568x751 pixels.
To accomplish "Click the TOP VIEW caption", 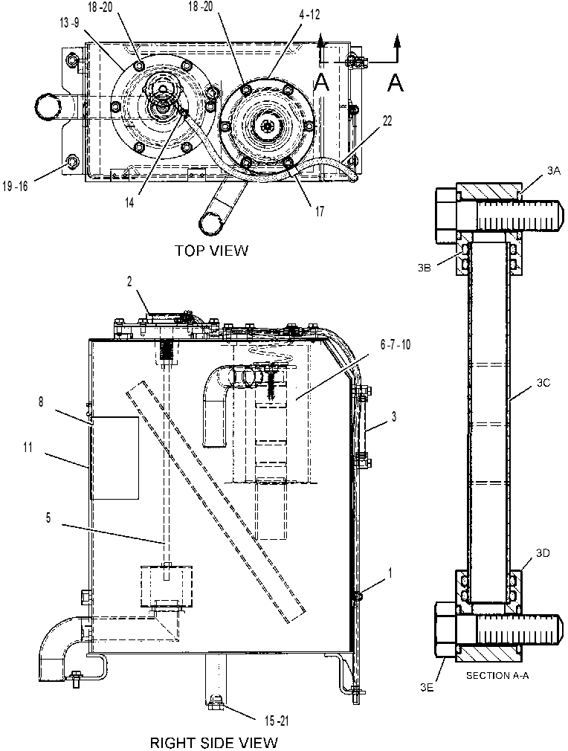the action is pos(212,250).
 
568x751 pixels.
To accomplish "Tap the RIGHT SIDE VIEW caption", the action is pos(213,743).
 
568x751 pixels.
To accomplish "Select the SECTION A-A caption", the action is pos(497,676).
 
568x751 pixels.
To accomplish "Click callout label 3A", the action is pos(554,170).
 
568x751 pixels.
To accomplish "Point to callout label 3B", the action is pos(425,268).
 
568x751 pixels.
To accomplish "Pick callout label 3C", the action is pos(544,383).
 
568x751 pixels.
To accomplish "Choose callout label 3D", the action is pos(543,554).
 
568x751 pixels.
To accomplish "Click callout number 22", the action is pos(387,121).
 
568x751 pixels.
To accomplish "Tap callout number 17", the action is pos(320,211).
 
